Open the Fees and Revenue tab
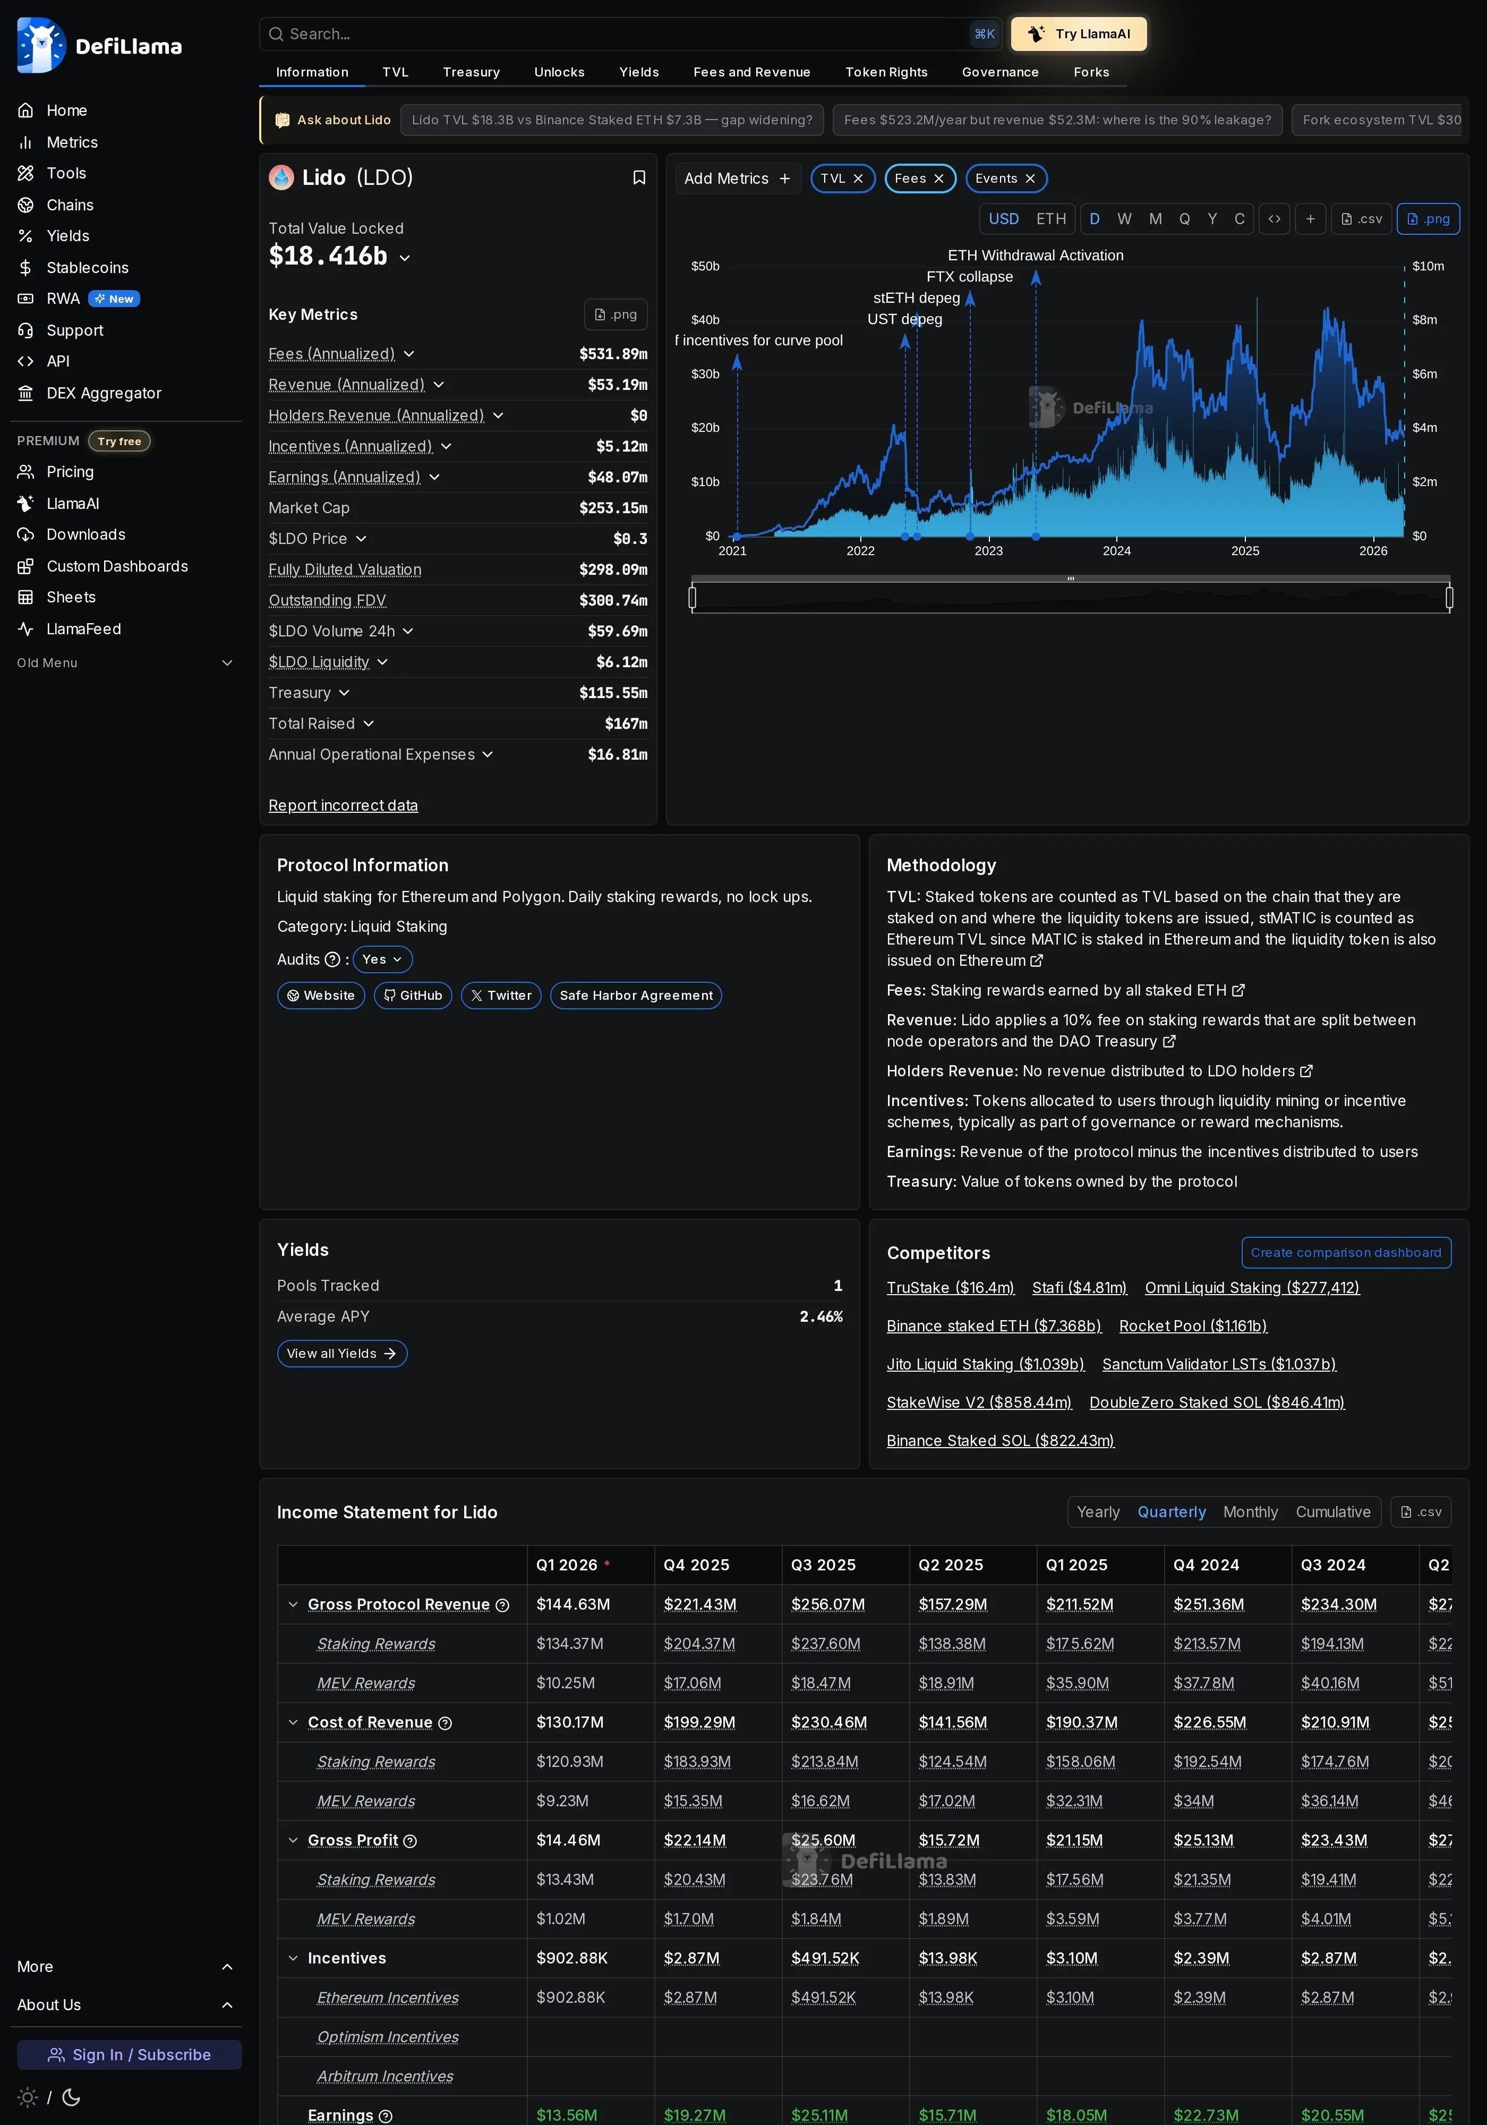tap(751, 72)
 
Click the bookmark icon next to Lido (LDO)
tap(638, 177)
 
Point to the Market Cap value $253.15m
tap(612, 508)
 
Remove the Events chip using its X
tap(1030, 178)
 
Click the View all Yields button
tap(341, 1354)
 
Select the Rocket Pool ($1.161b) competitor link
tap(1193, 1327)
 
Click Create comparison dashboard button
tap(1345, 1253)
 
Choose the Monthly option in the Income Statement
tap(1249, 1512)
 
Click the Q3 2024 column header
tap(1332, 1565)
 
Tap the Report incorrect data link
tap(343, 806)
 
